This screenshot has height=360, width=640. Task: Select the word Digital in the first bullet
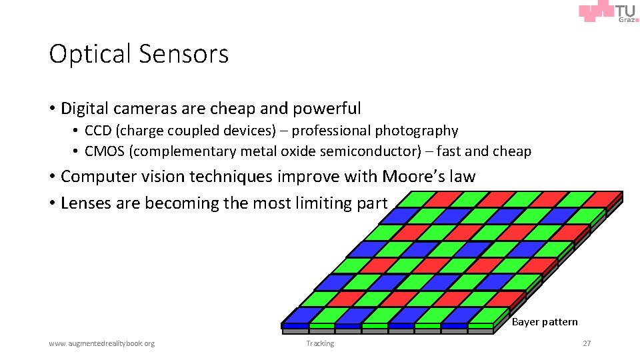point(85,108)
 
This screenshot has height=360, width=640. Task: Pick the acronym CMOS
point(105,151)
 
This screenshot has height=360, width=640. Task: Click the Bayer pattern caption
point(545,322)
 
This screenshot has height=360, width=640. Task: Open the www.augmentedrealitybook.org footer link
point(101,343)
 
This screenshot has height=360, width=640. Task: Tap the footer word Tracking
point(320,343)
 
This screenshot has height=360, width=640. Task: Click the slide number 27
point(587,343)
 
